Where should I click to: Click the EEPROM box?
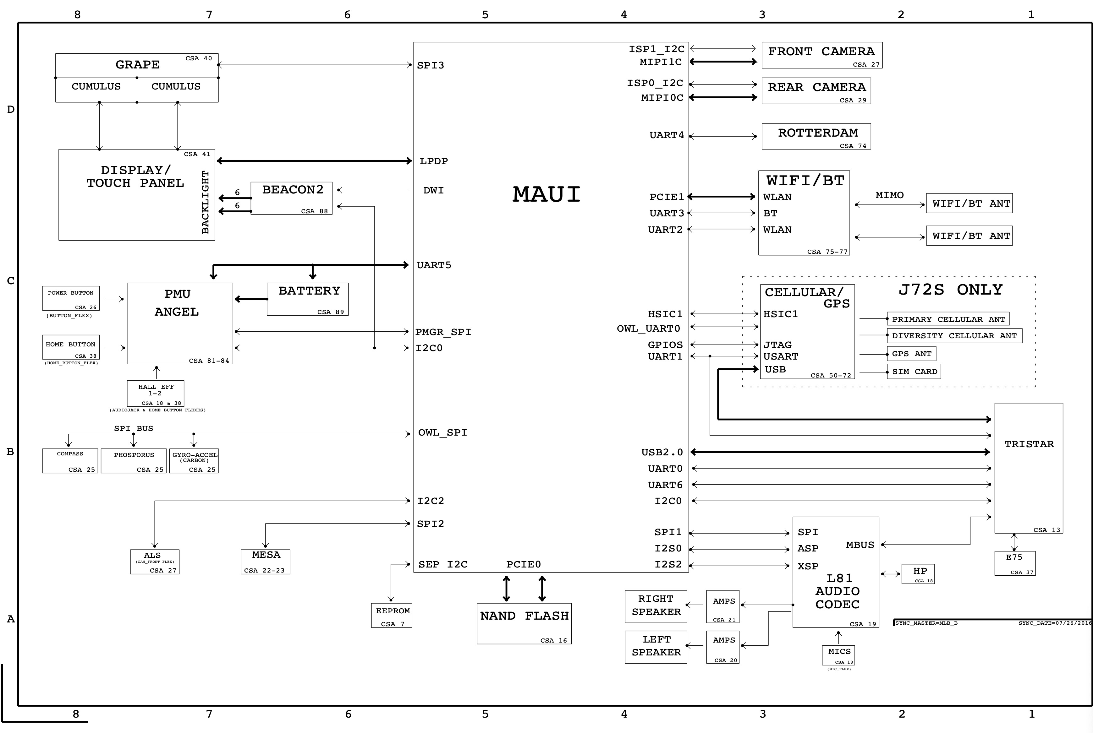[392, 616]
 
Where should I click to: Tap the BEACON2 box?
[291, 198]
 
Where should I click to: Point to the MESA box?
[265, 562]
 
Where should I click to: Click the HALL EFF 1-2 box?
[155, 394]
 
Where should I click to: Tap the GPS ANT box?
[911, 354]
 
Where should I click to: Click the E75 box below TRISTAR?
[1014, 563]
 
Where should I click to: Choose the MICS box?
[838, 655]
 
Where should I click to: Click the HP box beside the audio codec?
[918, 573]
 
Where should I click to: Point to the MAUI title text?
[546, 194]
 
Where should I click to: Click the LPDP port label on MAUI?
[434, 161]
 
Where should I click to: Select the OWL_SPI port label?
[442, 433]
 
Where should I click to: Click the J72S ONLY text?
[950, 290]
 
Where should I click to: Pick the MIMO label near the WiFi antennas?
[889, 195]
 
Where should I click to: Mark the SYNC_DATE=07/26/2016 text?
[1055, 623]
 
